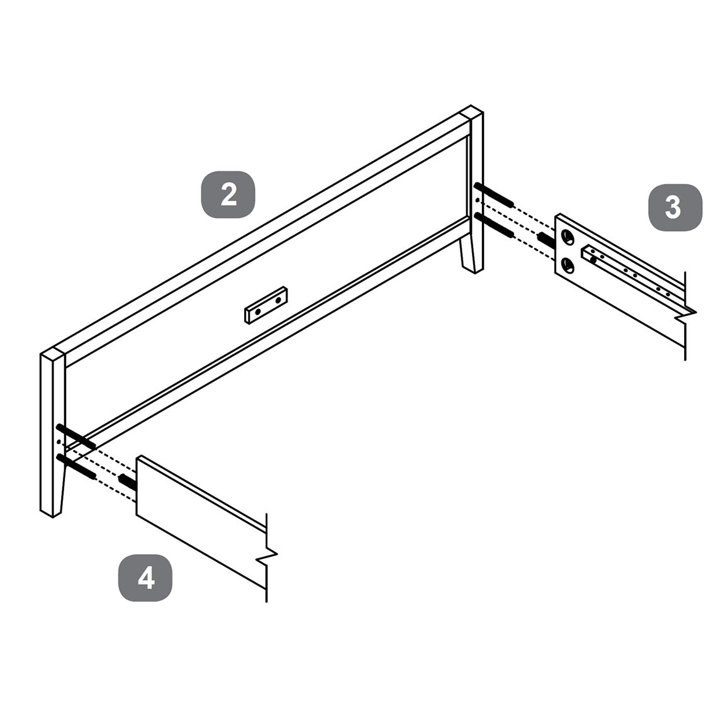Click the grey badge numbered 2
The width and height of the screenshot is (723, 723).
click(228, 194)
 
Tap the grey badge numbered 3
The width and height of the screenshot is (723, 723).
click(675, 207)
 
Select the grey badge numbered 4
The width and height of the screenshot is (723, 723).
click(146, 577)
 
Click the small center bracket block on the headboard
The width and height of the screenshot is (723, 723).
click(266, 305)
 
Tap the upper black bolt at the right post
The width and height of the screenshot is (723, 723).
click(494, 194)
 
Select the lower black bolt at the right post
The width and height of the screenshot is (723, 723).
click(494, 225)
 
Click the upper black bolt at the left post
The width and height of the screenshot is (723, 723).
click(76, 436)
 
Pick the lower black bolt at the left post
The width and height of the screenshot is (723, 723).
click(76, 466)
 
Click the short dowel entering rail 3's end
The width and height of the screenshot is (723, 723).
click(547, 239)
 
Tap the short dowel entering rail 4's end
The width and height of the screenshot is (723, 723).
click(128, 481)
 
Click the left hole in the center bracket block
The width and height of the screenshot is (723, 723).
click(257, 311)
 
